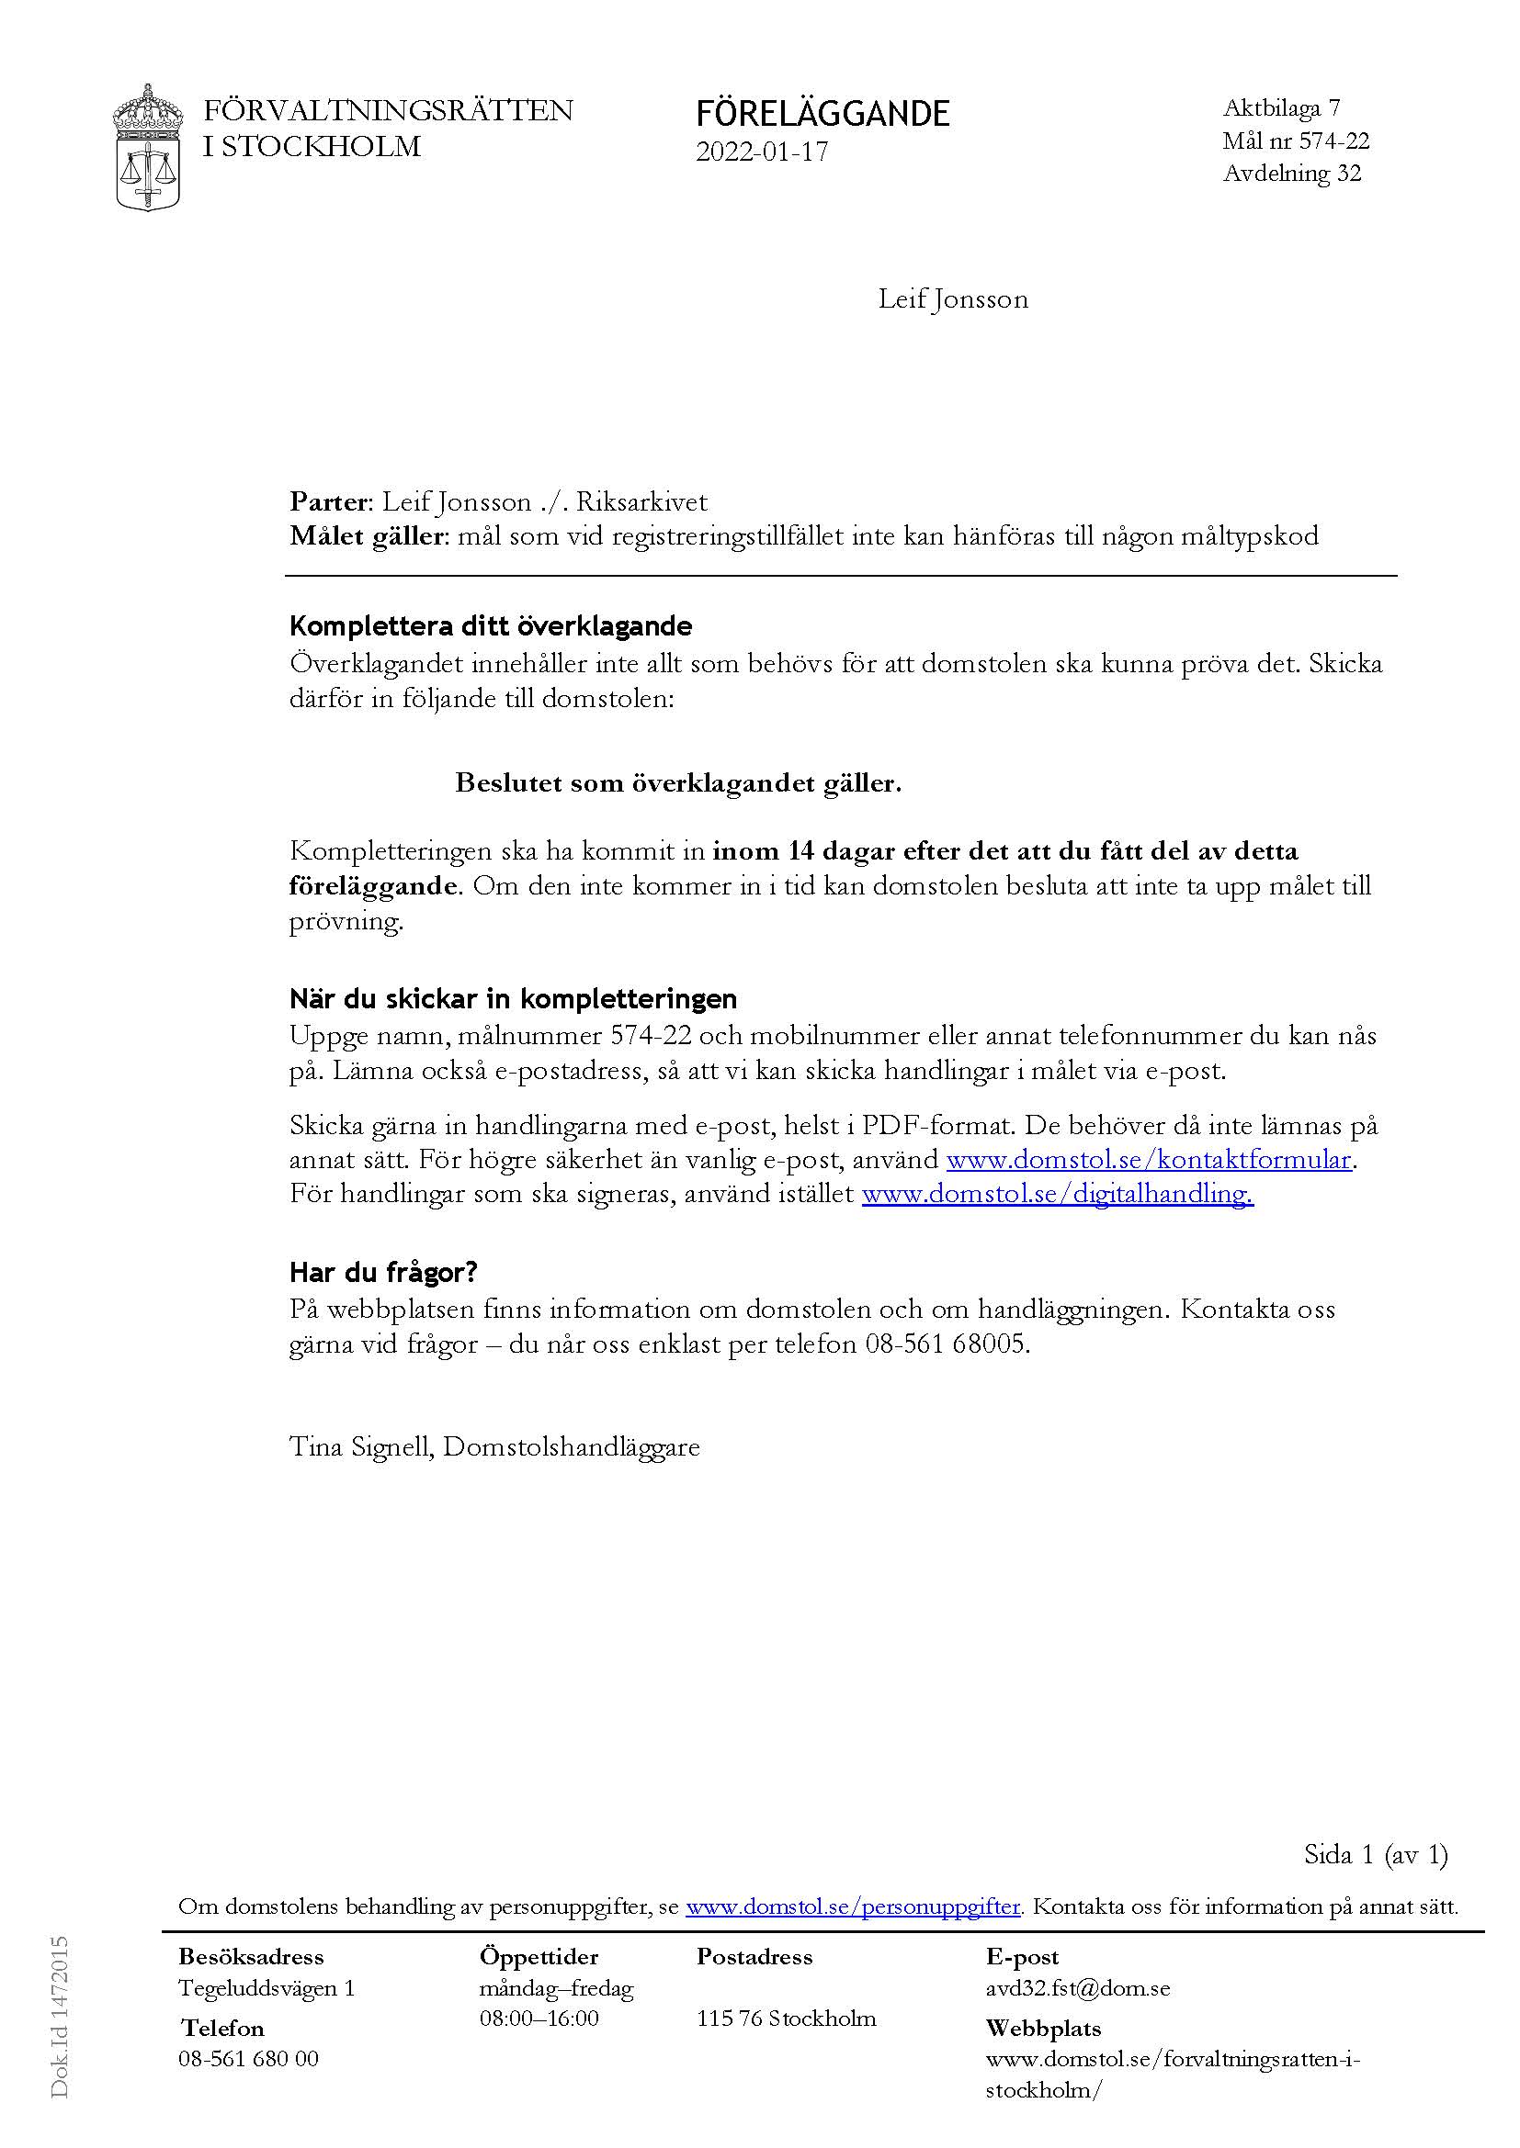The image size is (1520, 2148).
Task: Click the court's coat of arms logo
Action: coord(147,147)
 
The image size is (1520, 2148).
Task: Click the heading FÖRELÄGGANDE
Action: coord(822,114)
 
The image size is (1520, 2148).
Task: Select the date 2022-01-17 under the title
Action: coord(762,152)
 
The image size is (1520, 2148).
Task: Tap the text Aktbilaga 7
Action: coord(1280,108)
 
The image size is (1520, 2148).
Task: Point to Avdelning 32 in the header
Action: coord(1290,174)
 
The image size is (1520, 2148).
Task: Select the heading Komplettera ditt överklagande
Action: coord(491,626)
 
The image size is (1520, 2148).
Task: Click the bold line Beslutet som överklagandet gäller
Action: coord(677,783)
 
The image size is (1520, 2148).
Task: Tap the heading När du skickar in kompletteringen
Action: coord(513,999)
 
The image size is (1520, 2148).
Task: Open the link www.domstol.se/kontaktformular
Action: coord(1150,1160)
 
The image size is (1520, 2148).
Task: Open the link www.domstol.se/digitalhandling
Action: coord(1057,1195)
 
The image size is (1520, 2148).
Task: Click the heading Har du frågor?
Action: coord(384,1272)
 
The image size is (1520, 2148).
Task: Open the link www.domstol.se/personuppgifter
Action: coord(852,1906)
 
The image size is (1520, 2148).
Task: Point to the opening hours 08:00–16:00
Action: coord(539,2018)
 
